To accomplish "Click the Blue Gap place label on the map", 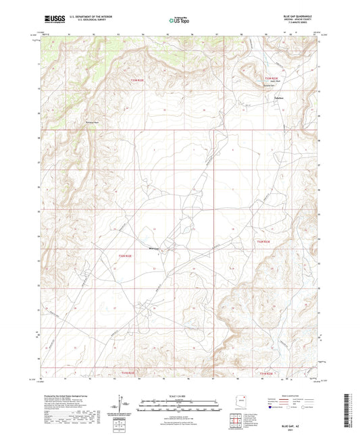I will (x=153, y=249).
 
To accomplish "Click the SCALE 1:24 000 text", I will (x=179, y=395).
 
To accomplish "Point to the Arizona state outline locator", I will (x=238, y=401).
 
